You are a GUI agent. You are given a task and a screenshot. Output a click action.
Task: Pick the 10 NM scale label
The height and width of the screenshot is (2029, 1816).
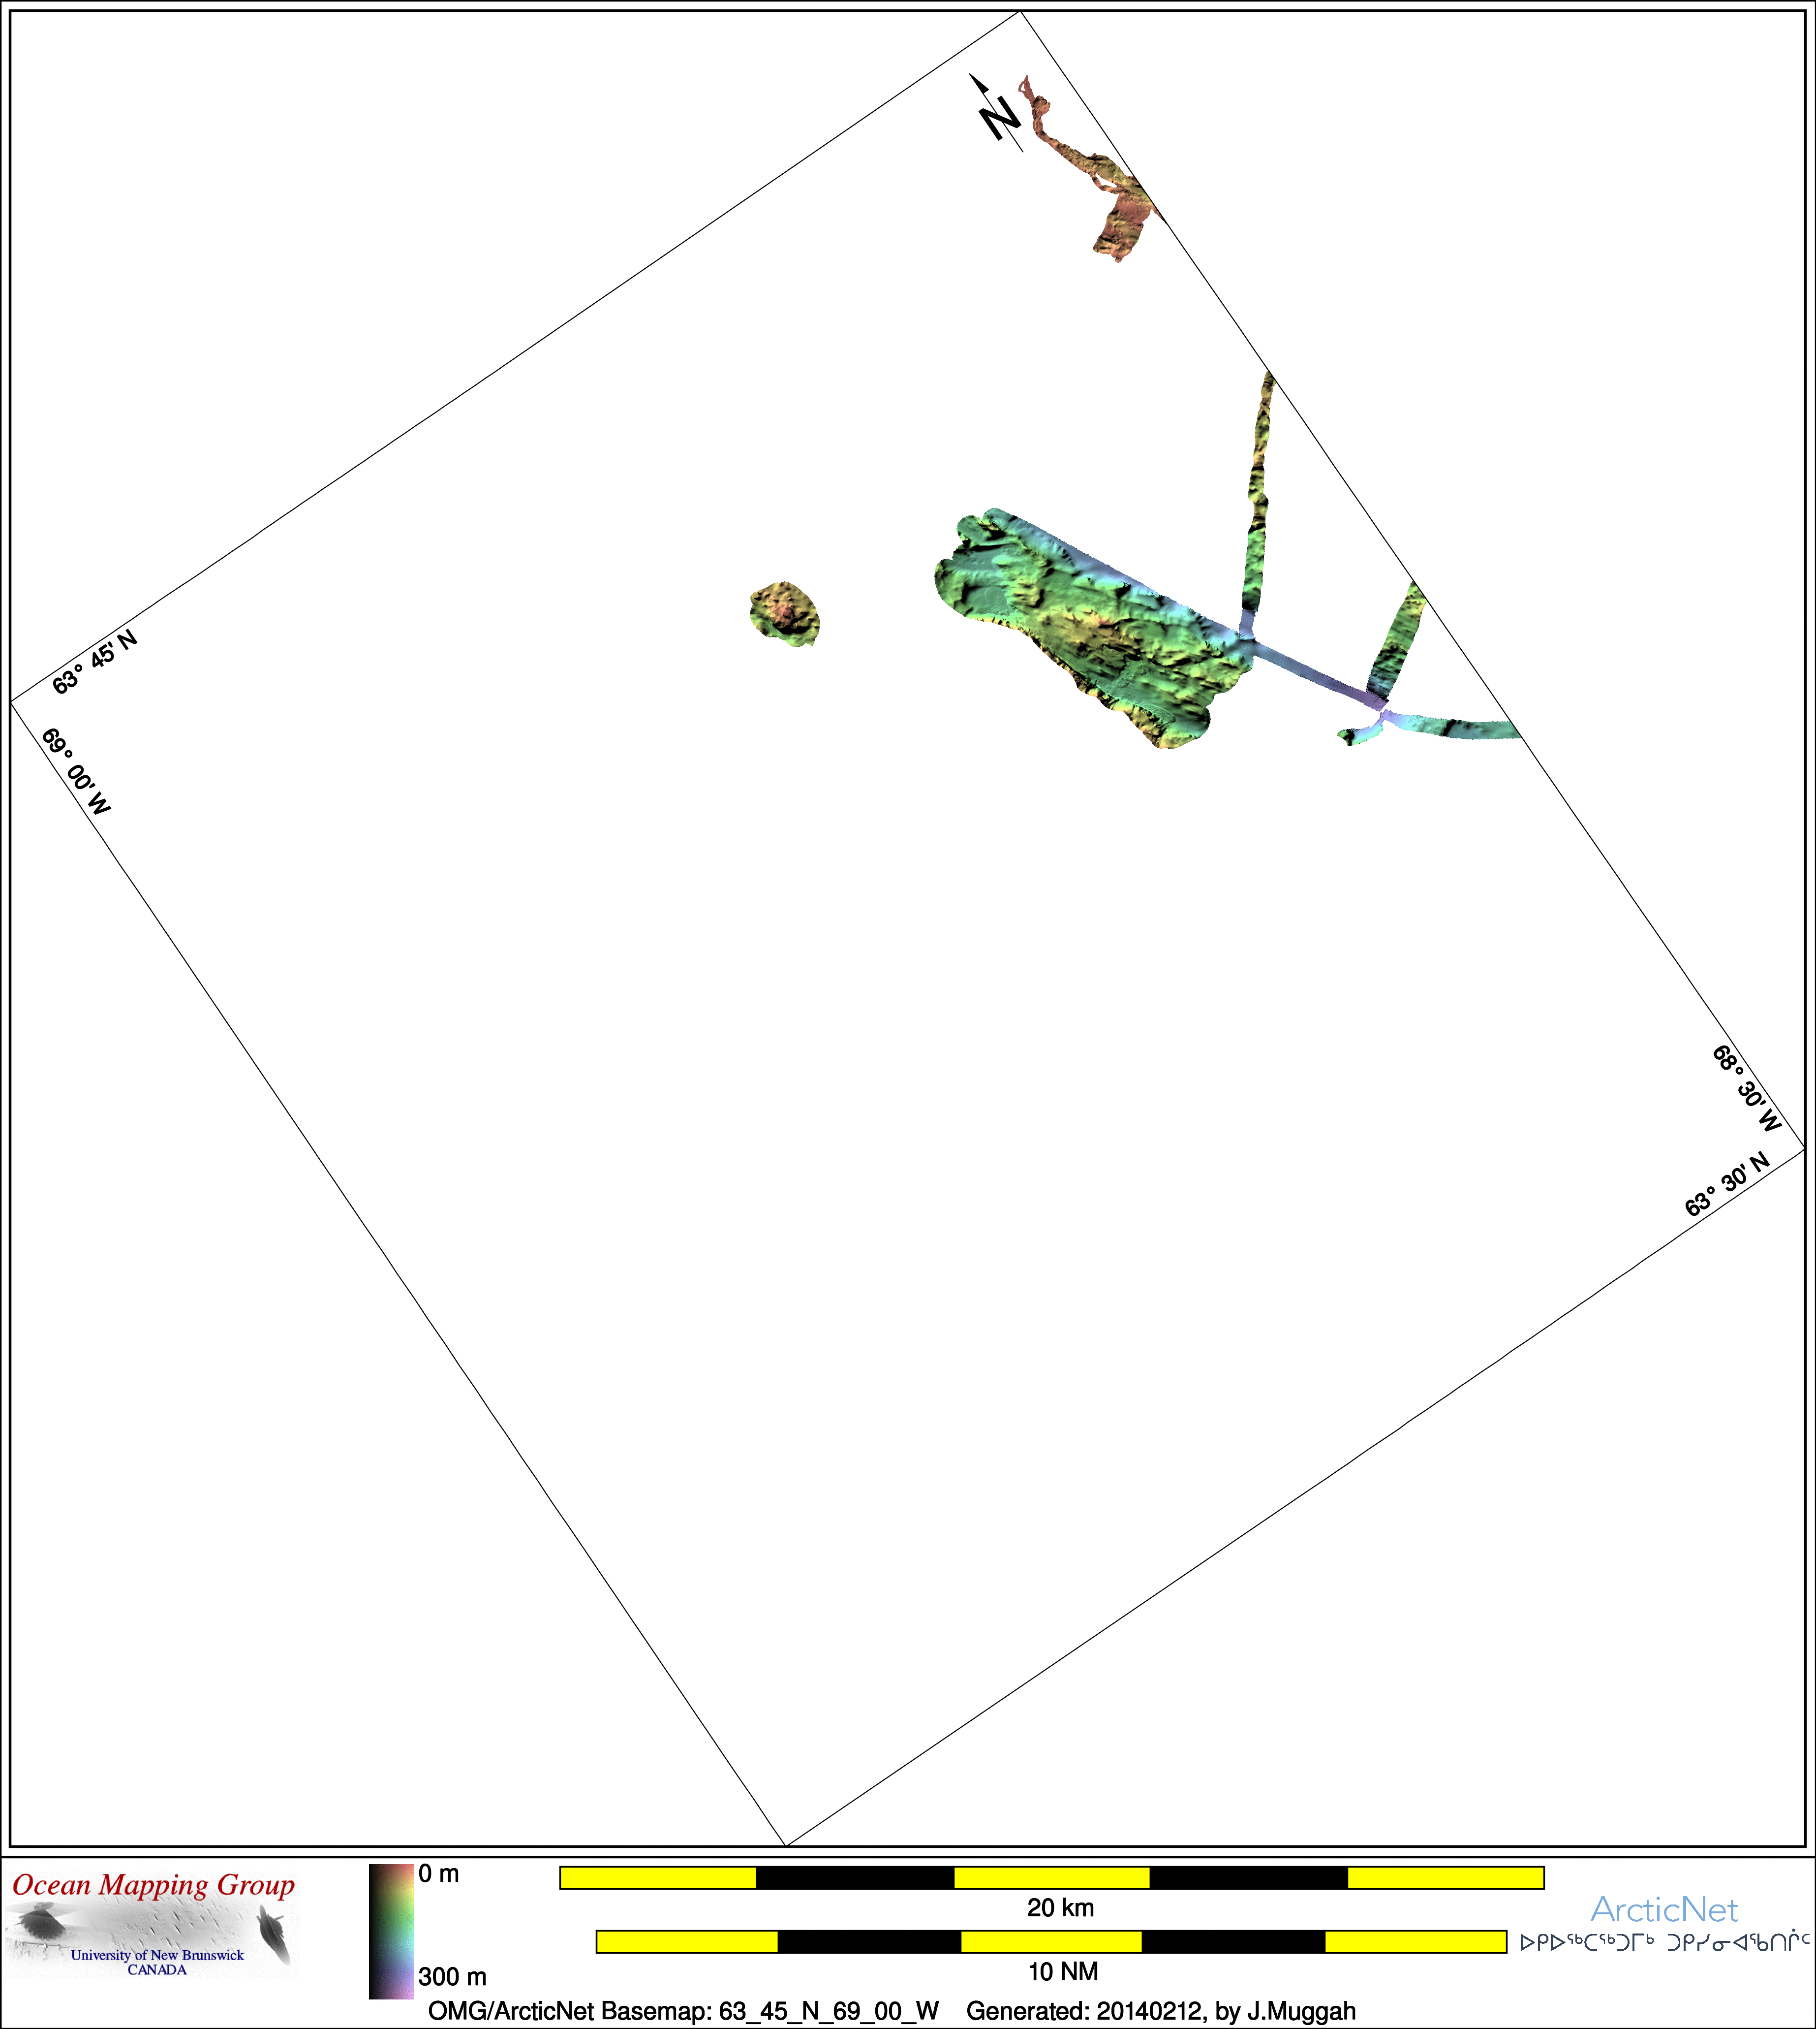(x=1064, y=1971)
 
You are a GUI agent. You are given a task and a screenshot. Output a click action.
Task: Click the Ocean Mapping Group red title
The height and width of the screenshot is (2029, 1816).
(x=154, y=1885)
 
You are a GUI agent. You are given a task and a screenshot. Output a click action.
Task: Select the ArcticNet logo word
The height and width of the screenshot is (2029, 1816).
(x=1664, y=1909)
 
